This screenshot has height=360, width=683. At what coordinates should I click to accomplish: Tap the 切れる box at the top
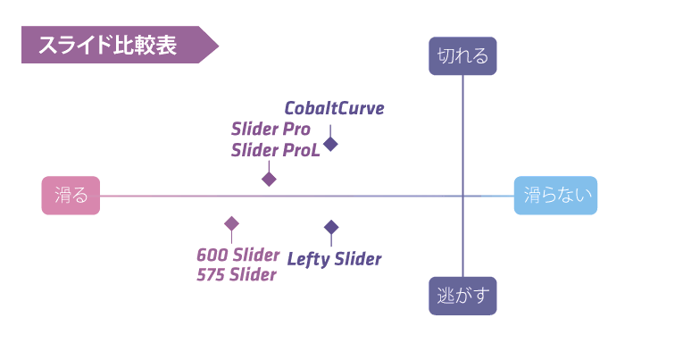click(x=462, y=56)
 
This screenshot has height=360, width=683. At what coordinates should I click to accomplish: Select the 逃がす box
click(x=462, y=296)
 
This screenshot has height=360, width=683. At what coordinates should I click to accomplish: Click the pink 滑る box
click(x=71, y=196)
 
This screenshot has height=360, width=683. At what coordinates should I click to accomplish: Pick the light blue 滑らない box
click(x=555, y=196)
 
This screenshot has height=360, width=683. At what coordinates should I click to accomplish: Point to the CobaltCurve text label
click(x=335, y=109)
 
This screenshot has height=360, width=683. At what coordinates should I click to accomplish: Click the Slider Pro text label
click(x=271, y=130)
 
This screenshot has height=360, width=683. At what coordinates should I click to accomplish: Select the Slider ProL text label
click(x=275, y=150)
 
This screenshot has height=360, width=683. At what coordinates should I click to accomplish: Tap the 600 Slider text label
click(x=238, y=255)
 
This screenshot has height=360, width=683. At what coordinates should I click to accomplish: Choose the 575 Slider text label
click(x=237, y=274)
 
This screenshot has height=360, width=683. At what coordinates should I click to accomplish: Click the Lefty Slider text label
click(x=335, y=259)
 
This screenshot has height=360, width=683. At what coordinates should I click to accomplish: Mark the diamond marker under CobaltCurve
click(x=330, y=143)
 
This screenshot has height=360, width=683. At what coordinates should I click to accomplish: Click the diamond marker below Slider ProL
click(x=269, y=179)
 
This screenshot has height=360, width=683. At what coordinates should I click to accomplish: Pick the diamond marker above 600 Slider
click(x=231, y=223)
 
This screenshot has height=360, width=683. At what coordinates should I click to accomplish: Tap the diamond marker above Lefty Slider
click(x=331, y=227)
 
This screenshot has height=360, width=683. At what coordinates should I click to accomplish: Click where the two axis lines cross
click(x=462, y=196)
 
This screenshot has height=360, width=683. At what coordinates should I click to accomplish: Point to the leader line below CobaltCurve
click(x=330, y=130)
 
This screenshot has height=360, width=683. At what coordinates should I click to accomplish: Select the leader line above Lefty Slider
click(x=331, y=239)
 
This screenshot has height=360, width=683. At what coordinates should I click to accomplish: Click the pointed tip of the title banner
click(x=217, y=46)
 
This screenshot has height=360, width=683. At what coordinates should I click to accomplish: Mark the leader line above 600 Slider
click(x=231, y=237)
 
